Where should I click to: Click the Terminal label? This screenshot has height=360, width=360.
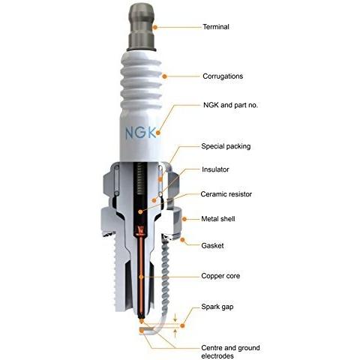216,27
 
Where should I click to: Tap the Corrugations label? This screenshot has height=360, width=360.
223,76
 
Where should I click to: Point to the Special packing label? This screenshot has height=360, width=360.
226,145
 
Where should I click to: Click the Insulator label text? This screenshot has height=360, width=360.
216,169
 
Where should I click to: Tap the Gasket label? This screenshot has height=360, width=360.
213,245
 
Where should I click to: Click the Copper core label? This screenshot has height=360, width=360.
220,275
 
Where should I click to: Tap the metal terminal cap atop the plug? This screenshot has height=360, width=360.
140,20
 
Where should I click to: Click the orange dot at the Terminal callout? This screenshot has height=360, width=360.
156,26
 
